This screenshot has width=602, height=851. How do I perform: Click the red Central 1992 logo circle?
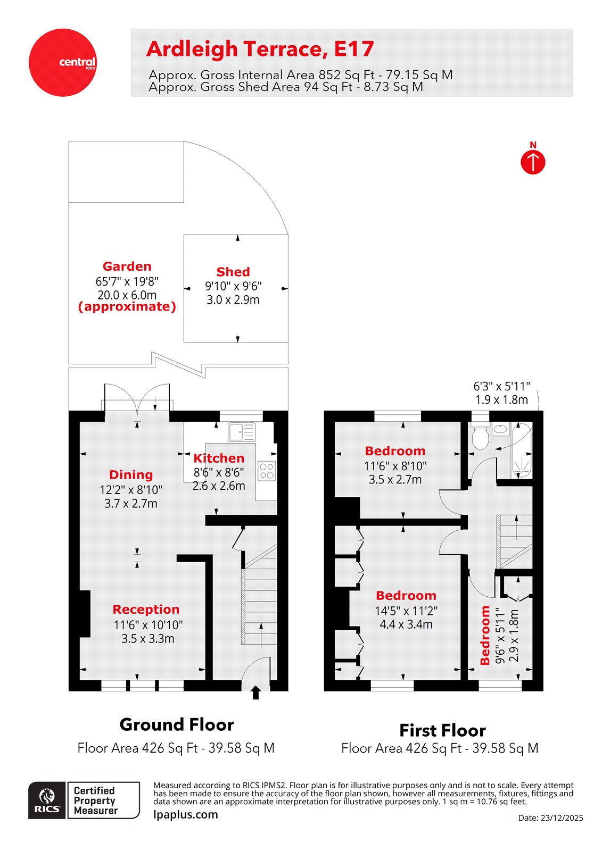coord(62,62)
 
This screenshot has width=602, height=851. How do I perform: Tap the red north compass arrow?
coord(533,162)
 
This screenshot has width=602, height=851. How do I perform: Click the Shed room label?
coord(233,272)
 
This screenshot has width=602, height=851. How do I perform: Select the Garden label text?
coord(127,266)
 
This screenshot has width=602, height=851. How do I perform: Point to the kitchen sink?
coord(242,432)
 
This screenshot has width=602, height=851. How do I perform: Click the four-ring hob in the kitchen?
coord(267,471)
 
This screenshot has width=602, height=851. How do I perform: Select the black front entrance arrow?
coord(255,693)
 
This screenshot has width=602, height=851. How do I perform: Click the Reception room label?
coord(146,610)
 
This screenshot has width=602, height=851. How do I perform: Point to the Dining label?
coord(131,475)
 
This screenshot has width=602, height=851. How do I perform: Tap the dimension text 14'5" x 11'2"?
coord(406,611)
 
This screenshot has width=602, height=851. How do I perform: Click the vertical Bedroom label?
coord(485,635)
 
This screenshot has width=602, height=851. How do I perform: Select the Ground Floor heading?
coord(177,724)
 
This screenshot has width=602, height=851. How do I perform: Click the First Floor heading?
coord(442,730)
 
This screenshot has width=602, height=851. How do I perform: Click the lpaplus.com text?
coord(185,814)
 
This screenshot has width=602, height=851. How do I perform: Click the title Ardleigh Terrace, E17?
coord(260,49)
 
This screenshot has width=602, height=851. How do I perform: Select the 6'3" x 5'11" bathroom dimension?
coord(501,387)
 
